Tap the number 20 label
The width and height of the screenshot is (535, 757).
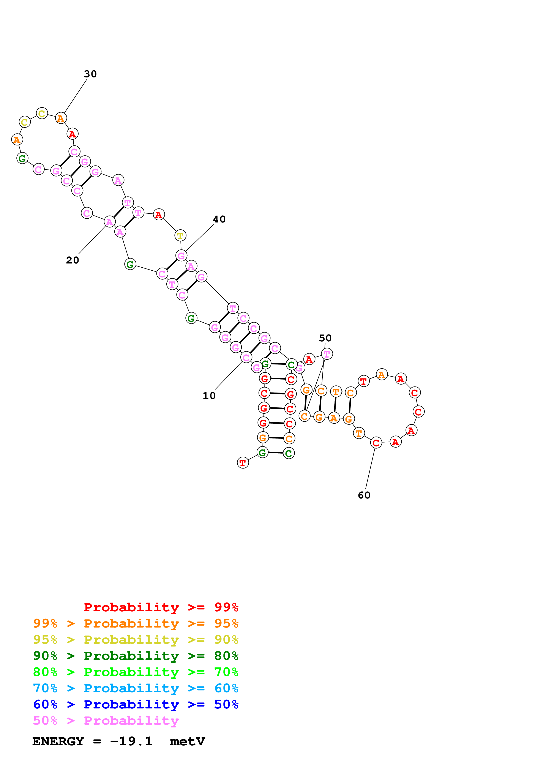click(x=72, y=260)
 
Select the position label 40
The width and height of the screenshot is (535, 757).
click(x=219, y=219)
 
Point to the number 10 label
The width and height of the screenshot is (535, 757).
click(x=209, y=396)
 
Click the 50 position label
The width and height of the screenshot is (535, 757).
click(x=325, y=338)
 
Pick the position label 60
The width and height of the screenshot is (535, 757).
click(x=364, y=495)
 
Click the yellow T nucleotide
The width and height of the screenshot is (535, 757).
click(x=180, y=235)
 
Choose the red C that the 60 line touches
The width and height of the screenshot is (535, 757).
click(x=376, y=443)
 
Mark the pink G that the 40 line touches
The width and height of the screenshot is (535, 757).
click(x=181, y=255)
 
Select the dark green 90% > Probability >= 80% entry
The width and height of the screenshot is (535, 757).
click(x=136, y=656)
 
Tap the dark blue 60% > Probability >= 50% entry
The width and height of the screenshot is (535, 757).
click(x=136, y=704)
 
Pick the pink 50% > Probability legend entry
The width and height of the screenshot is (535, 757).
click(x=106, y=721)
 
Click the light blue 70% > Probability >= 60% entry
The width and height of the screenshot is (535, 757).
click(x=136, y=688)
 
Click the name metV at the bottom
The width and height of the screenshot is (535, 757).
click(x=187, y=741)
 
